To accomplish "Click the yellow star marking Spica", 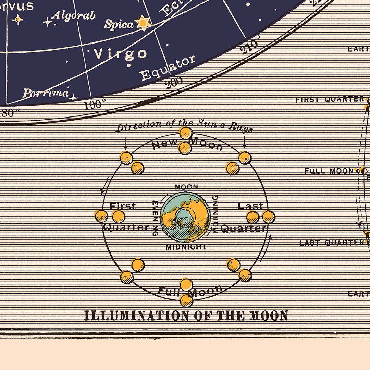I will click(143, 23).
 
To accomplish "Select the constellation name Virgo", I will click(120, 53).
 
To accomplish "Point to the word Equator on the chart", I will click(168, 68).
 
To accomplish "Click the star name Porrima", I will click(46, 93).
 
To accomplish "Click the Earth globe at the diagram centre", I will click(185, 217).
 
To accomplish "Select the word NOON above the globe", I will click(186, 187).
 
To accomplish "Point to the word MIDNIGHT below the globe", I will click(186, 247).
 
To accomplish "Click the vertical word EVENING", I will click(155, 218).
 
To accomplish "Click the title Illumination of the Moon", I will click(186, 316).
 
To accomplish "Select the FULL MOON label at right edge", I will click(329, 171).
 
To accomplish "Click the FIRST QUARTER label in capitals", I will click(330, 100).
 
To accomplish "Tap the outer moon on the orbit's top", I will click(185, 133).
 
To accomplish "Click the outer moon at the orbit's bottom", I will click(186, 300).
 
